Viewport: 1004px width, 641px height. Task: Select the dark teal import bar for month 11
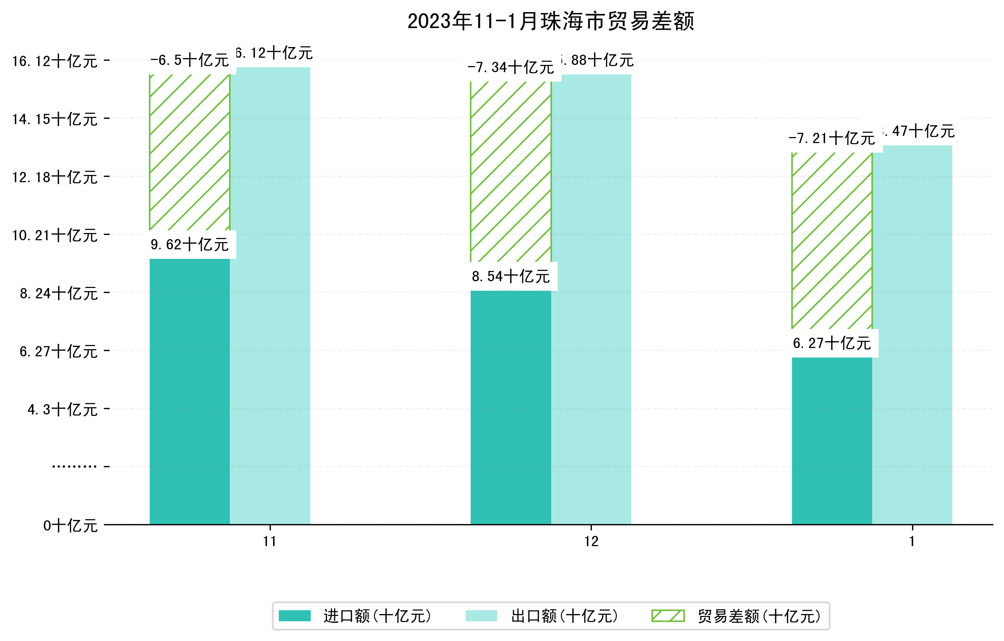click(x=189, y=392)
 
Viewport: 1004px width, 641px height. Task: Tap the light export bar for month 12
click(x=591, y=300)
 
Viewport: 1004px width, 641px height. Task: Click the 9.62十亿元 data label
click(x=189, y=244)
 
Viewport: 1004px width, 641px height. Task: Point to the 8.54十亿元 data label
click(x=511, y=276)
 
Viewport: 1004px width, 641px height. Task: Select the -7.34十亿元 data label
click(x=511, y=67)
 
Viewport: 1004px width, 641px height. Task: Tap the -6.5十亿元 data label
click(x=189, y=60)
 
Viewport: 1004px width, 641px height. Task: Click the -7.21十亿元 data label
click(x=832, y=138)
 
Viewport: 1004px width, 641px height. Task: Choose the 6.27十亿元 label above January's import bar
click(x=832, y=343)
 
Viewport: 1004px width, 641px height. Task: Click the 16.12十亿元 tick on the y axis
click(x=55, y=61)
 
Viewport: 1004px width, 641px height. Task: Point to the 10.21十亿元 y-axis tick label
click(x=55, y=235)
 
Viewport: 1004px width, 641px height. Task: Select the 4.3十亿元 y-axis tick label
click(x=63, y=409)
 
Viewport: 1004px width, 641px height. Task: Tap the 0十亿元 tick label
click(x=70, y=526)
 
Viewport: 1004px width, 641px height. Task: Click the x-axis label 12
click(x=591, y=542)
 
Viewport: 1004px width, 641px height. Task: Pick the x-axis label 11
click(x=270, y=542)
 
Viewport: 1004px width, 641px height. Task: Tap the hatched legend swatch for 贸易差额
click(x=668, y=616)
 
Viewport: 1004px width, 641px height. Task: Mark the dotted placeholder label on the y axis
click(x=74, y=466)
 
